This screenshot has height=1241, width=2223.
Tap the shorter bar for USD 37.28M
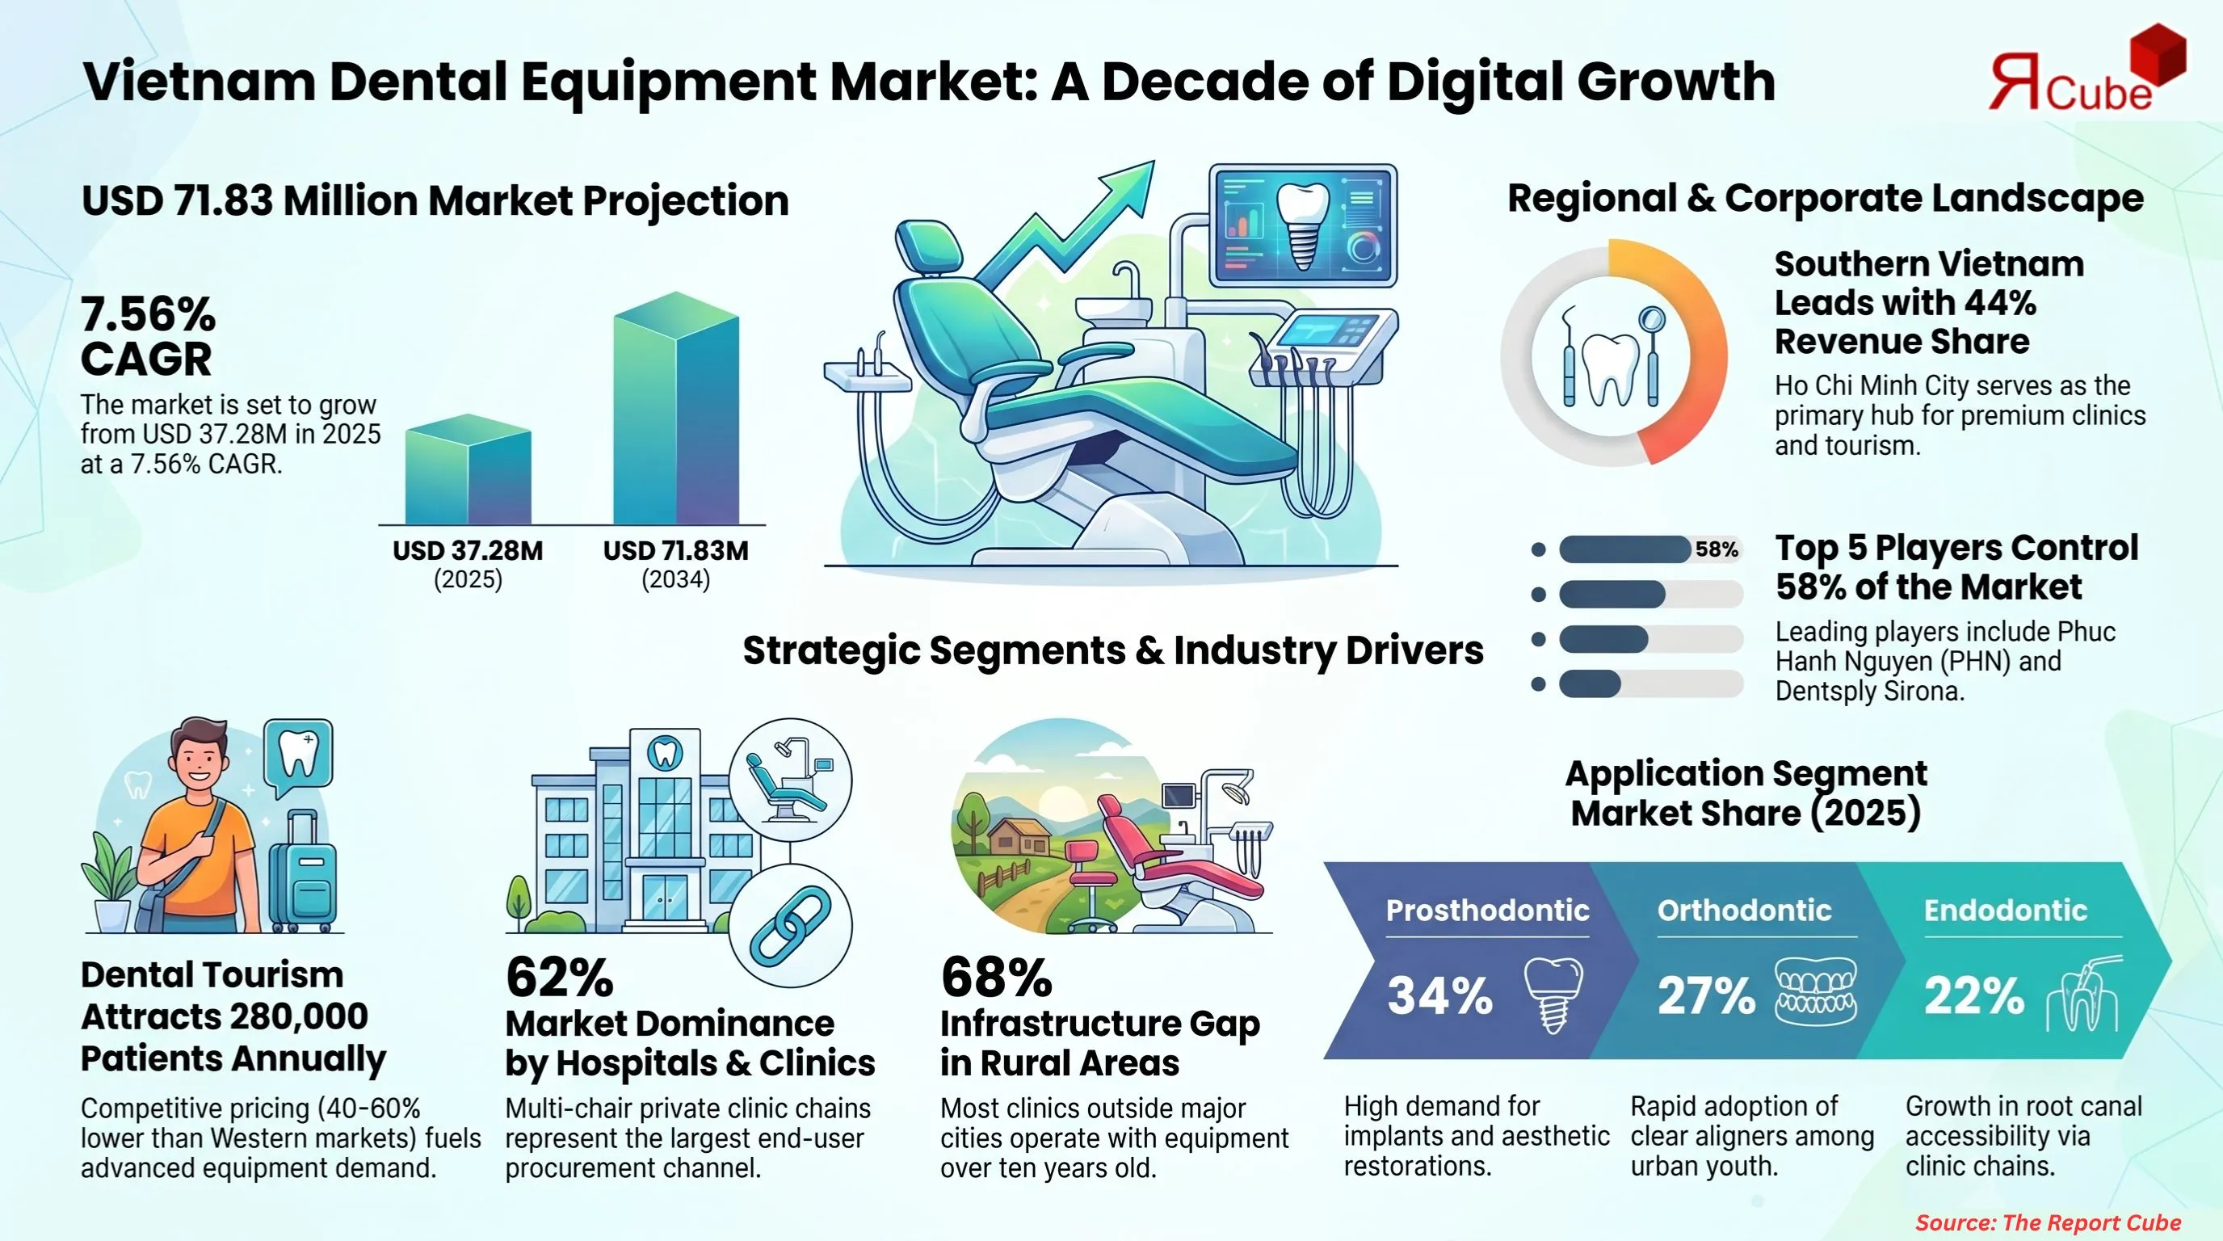tap(468, 473)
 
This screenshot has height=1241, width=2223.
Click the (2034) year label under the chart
tap(674, 579)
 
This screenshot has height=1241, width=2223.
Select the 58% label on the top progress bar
tap(1716, 549)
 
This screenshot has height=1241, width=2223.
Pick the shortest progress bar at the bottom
tap(1590, 684)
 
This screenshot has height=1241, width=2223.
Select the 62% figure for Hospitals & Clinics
tap(559, 977)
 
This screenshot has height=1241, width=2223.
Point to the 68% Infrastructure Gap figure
tap(996, 977)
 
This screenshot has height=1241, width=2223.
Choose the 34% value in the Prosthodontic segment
tap(1439, 995)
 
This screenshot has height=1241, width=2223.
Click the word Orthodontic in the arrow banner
tap(1744, 910)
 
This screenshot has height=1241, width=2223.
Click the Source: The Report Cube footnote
tap(2048, 1222)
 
